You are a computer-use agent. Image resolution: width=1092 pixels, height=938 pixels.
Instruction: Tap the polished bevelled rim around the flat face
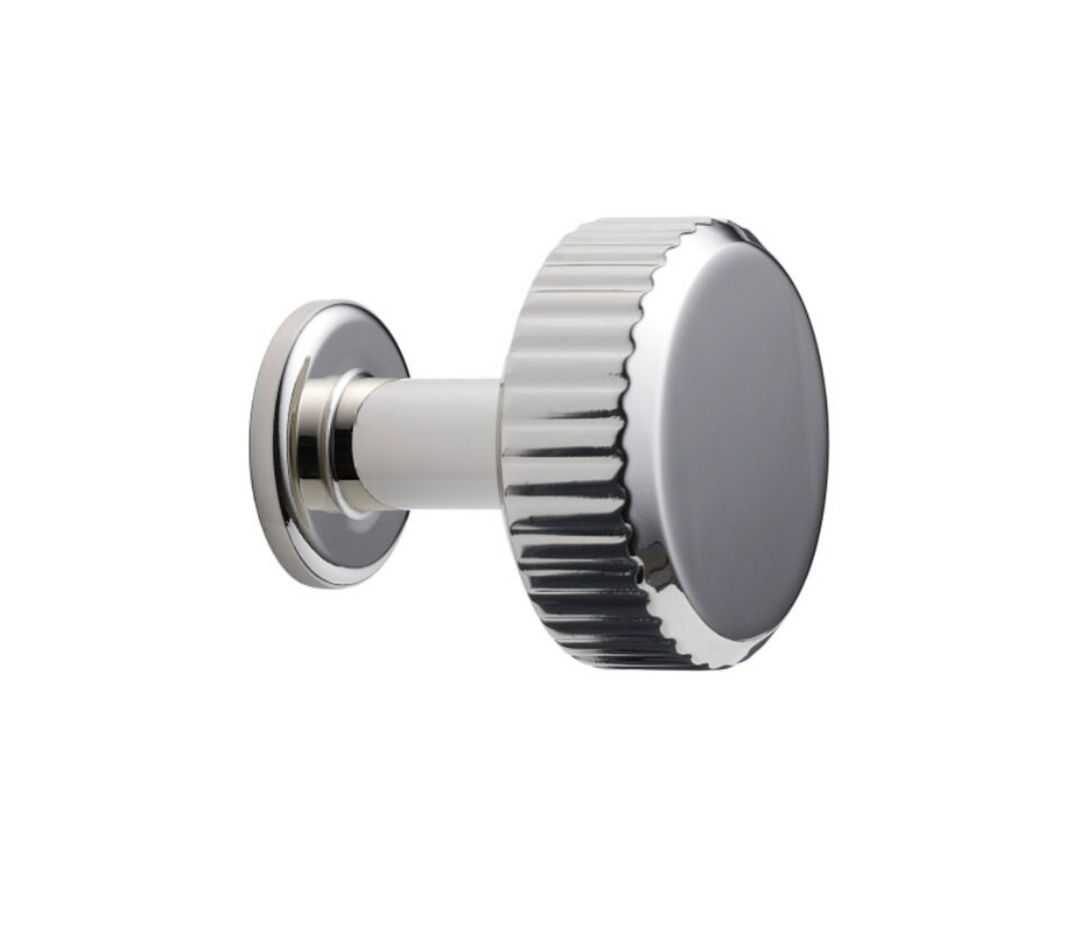tap(670, 594)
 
